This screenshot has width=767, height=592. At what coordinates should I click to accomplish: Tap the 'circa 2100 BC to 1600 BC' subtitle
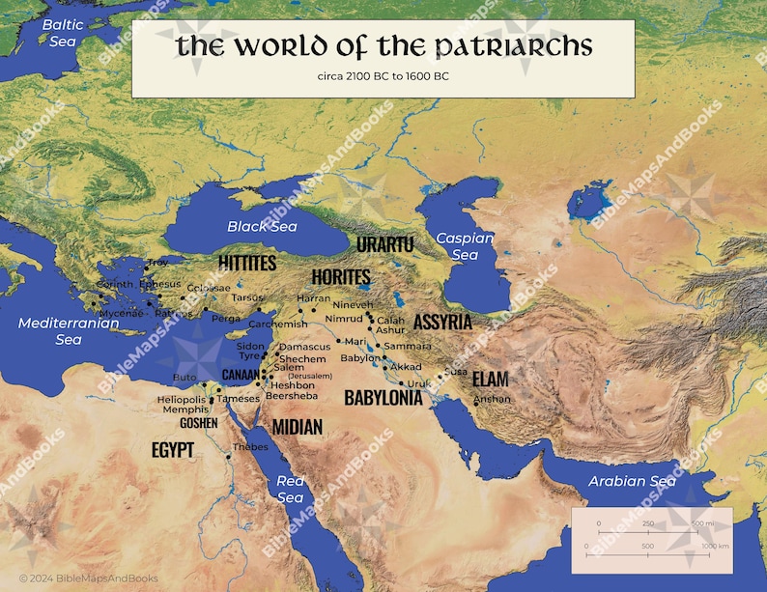tap(383, 75)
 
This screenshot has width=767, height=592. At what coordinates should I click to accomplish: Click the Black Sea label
tap(248, 226)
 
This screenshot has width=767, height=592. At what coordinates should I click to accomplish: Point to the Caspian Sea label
tap(465, 246)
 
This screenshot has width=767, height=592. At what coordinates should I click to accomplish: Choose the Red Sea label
tap(290, 489)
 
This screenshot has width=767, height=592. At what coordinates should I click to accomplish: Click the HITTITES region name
tap(247, 264)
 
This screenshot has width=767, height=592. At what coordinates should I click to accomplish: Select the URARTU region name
tap(384, 243)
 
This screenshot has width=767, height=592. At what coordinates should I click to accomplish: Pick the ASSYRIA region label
tap(442, 322)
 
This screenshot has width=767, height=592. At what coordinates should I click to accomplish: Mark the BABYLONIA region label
tap(383, 397)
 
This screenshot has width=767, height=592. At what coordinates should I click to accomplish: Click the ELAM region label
tap(490, 379)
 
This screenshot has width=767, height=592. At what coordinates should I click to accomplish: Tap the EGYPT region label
tap(173, 449)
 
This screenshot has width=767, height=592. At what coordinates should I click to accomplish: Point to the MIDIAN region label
tap(298, 426)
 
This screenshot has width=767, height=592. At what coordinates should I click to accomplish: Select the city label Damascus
tap(305, 346)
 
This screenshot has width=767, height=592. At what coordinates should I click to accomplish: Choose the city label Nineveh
tap(352, 304)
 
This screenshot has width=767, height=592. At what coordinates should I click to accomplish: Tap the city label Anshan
tap(492, 399)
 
